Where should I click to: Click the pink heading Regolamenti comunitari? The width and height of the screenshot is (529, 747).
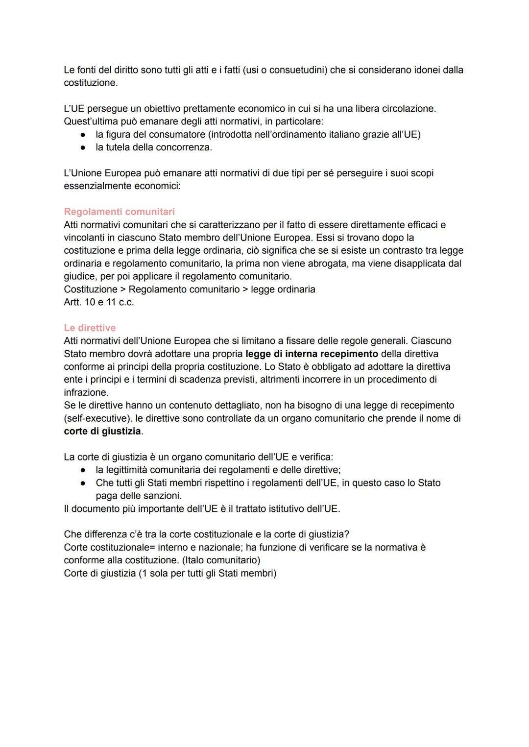pos(119,212)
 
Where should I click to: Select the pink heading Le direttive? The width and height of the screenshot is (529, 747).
pos(90,328)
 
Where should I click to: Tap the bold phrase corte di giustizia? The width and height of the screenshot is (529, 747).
pos(102,431)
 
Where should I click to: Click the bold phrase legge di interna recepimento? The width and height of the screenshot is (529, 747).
pos(312,354)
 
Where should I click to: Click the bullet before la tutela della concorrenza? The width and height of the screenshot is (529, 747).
pos(84,147)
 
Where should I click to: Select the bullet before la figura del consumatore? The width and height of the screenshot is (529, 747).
pos(84,134)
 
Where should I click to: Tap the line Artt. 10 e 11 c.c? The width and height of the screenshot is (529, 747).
pos(98,302)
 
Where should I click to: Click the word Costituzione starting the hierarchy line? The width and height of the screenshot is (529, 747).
pos(91,289)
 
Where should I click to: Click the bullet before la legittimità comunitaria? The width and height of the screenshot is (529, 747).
pos(84,470)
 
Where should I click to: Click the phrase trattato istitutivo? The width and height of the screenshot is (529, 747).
pos(269,508)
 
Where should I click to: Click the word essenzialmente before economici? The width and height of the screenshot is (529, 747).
pos(96,186)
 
